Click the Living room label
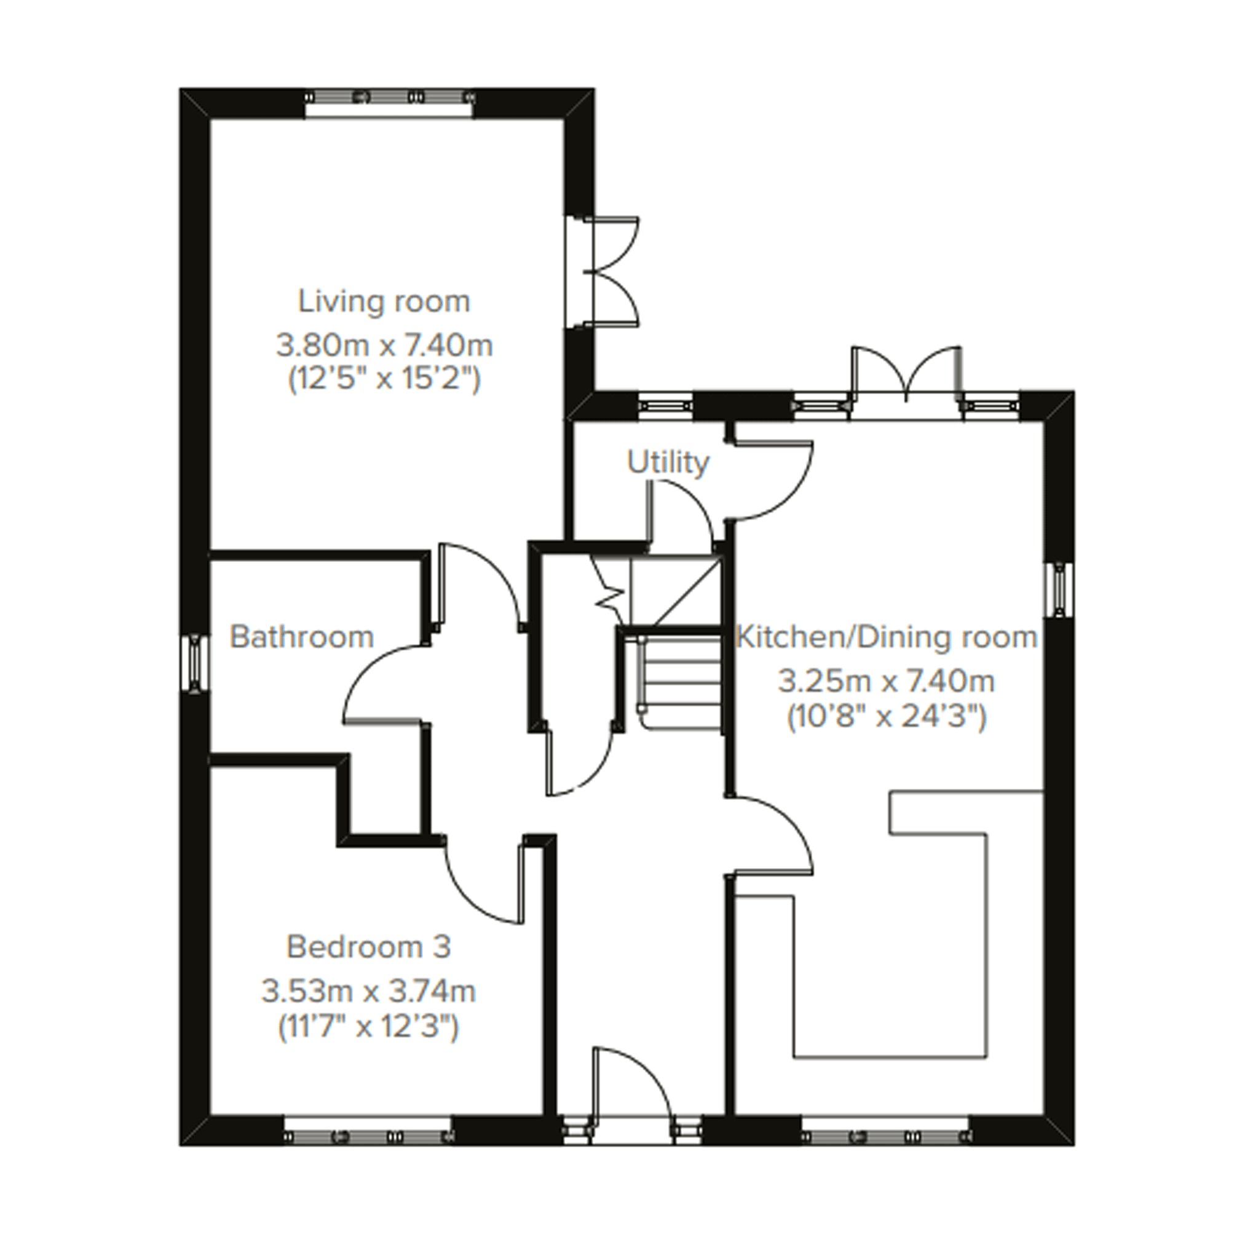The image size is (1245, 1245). pos(384,302)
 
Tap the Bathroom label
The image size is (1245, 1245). pos(302,638)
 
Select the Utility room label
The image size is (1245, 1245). pos(668,462)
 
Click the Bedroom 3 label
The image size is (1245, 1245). pos(369,947)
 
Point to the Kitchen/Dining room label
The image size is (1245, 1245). pos(887,638)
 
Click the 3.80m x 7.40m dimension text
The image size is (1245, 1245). pos(385,346)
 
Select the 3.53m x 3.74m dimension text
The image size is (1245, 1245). pos(369,991)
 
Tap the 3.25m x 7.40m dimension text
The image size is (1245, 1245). pos(887,681)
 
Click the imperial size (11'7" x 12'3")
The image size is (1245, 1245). pos(369,1027)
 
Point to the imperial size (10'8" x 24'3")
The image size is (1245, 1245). pos(887,717)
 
